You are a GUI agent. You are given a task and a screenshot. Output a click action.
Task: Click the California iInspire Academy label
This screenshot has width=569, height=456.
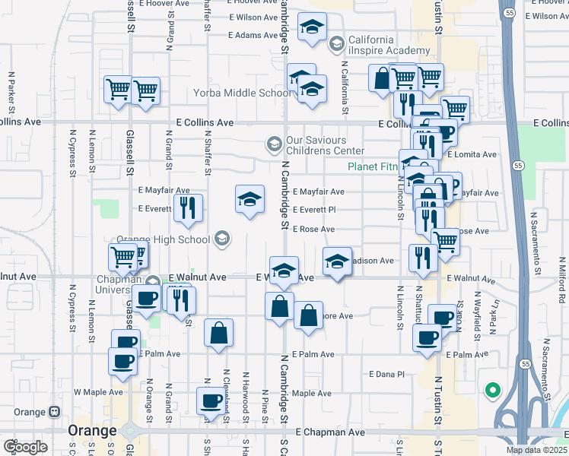tap(372, 45)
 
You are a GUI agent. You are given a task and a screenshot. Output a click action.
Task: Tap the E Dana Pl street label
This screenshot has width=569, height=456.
tap(386, 374)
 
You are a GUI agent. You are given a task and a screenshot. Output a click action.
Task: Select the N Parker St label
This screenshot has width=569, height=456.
tap(11, 90)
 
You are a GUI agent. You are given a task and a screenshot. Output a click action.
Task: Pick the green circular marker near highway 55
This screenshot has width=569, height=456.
tap(492, 391)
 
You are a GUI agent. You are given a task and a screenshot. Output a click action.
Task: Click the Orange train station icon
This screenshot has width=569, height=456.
tap(54, 412)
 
